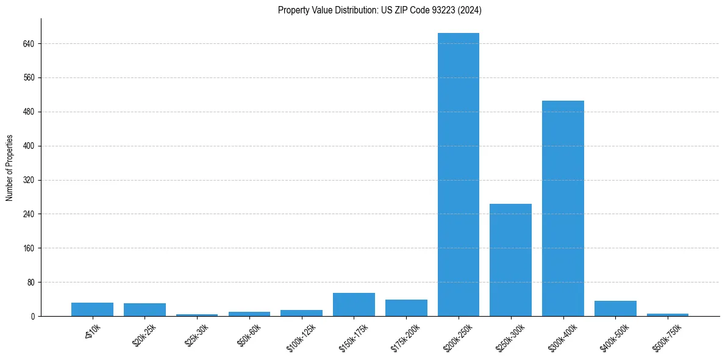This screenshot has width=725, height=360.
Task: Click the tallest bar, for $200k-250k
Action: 459,175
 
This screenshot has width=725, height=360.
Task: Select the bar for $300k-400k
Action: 563,208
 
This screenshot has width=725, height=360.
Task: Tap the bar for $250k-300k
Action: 510,260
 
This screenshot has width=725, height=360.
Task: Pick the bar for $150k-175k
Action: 354,304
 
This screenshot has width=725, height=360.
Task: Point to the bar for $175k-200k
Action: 406,308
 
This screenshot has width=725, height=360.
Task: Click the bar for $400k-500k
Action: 615,308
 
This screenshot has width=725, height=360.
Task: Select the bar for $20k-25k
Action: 145,309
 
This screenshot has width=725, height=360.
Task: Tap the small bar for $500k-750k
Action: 668,314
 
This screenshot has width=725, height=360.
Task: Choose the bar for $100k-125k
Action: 301,312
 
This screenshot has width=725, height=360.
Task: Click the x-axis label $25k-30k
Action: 197,334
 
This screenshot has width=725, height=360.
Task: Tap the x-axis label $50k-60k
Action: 249,334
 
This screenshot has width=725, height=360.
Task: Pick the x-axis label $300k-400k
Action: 562,336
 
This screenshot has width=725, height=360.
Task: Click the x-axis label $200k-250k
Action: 457,336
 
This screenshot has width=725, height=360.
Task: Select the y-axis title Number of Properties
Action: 9,167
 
